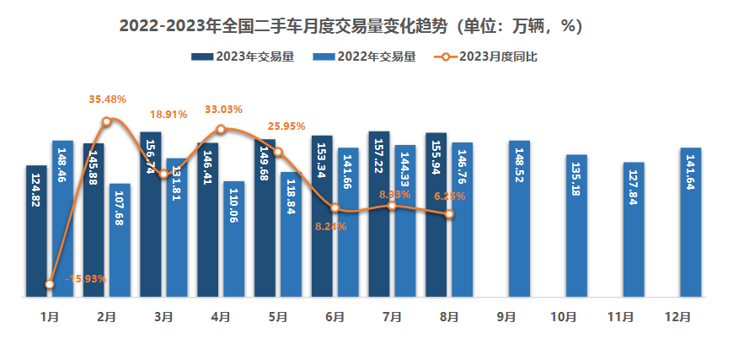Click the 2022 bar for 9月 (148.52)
519,218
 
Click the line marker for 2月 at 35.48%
106,121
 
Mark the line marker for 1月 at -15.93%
50,284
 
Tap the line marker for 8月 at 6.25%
450,214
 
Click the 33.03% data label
223,110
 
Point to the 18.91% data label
168,115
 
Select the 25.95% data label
286,126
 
